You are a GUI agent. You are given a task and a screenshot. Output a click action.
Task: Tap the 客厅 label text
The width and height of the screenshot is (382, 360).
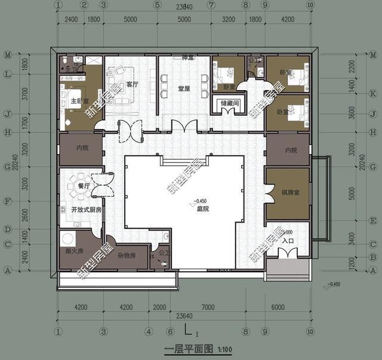pyautogui.click(x=132, y=85)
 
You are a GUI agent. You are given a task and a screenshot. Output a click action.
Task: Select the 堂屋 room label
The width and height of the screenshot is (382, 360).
pyautogui.click(x=184, y=88)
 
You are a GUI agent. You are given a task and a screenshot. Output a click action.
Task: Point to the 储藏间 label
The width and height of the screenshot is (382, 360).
pyautogui.click(x=229, y=103)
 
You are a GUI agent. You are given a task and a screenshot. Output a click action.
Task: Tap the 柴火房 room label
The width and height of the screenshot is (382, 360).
pyautogui.click(x=73, y=251)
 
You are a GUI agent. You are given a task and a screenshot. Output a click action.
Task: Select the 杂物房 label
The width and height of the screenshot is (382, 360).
pyautogui.click(x=128, y=255)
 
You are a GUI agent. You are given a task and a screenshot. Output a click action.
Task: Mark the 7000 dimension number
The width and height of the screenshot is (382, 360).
pyautogui.click(x=208, y=308)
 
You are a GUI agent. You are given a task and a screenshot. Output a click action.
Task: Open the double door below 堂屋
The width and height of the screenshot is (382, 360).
pyautogui.click(x=183, y=127)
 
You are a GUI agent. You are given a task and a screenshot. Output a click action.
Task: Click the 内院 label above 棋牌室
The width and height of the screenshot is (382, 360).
pyautogui.click(x=291, y=150)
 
